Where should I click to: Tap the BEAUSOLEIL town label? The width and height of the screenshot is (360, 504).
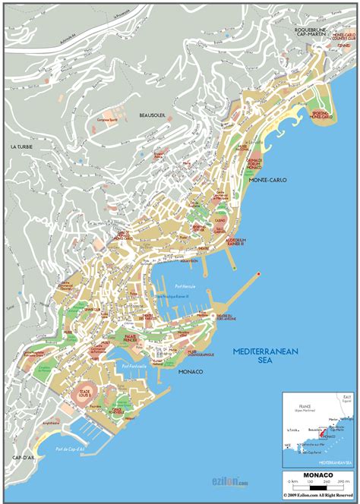153,115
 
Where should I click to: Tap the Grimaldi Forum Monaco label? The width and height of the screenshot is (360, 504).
254,164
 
